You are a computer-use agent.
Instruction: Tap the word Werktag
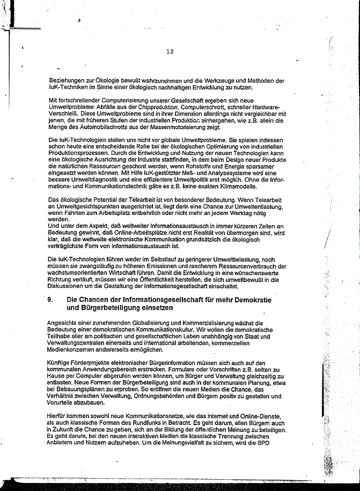[252, 213]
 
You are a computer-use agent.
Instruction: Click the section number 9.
[50, 300]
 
